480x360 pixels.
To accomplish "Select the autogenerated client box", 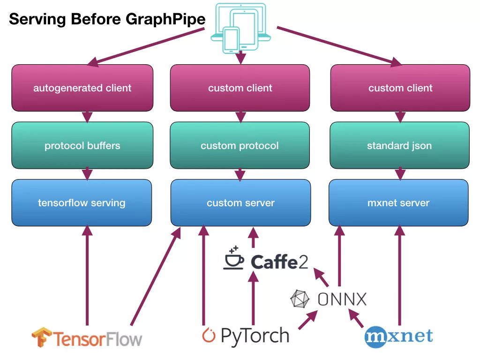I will [82, 88].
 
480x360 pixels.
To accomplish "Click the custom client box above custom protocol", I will [240, 88].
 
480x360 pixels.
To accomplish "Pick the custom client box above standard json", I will [400, 88].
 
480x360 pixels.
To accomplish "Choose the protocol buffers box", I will [82, 145].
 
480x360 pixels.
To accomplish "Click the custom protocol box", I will [240, 145].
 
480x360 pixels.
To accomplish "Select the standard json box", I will [399, 145].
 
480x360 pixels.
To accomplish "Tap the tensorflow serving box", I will [82, 202].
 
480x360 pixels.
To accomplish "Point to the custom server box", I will [240, 202].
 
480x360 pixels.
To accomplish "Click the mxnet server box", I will [398, 202].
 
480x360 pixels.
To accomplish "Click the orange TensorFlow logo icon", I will [41, 337].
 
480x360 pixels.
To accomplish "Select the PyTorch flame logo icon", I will [209, 336].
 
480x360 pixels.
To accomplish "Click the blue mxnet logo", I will [399, 336].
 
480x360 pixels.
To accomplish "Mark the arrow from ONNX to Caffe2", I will [322, 278].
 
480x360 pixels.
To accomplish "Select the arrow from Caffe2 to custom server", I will [253, 238].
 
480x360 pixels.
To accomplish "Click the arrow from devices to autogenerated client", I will [148, 45].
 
